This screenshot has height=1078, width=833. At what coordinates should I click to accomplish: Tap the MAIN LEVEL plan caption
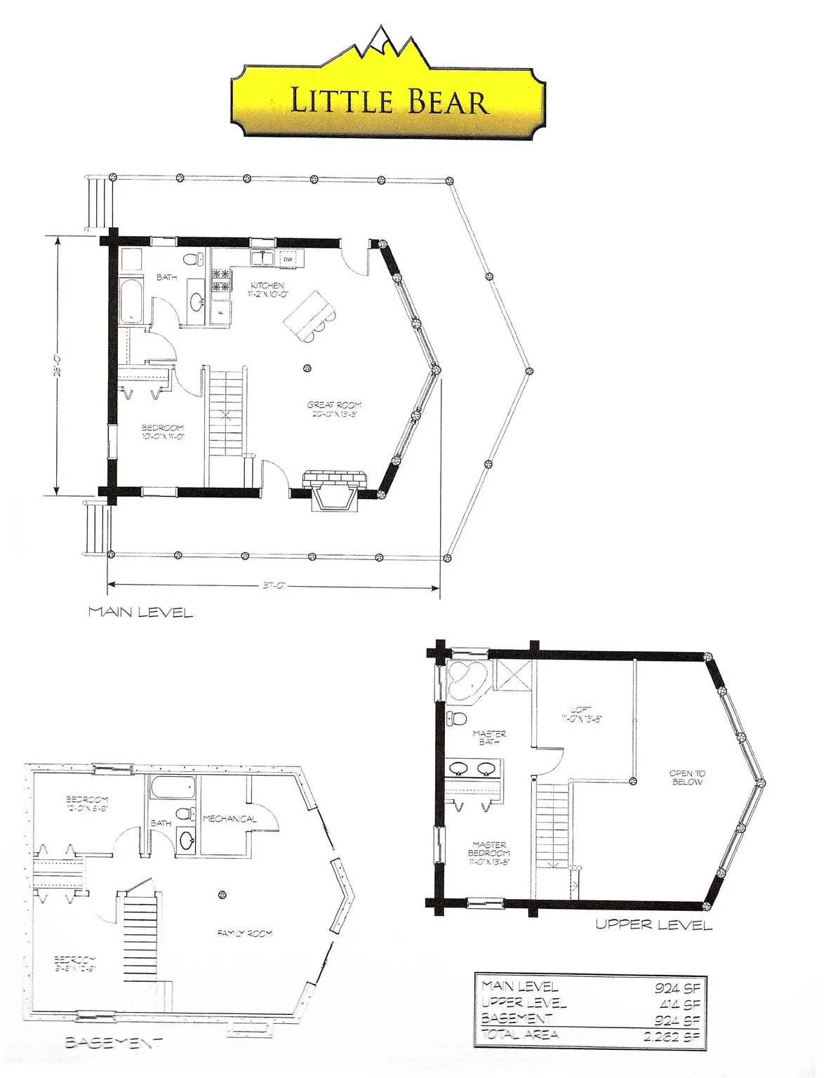tap(140, 613)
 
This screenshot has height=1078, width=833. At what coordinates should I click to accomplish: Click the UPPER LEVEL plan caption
tap(653, 924)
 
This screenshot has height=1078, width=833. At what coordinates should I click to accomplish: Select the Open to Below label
tap(686, 778)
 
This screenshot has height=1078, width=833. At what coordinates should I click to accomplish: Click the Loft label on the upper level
tap(582, 714)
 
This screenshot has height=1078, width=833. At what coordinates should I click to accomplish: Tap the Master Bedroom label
tap(489, 853)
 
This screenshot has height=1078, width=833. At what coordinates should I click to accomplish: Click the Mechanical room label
tap(229, 819)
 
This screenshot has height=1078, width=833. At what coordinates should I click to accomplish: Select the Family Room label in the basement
tap(244, 933)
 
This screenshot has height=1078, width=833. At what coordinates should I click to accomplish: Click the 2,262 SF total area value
tap(672, 1034)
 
